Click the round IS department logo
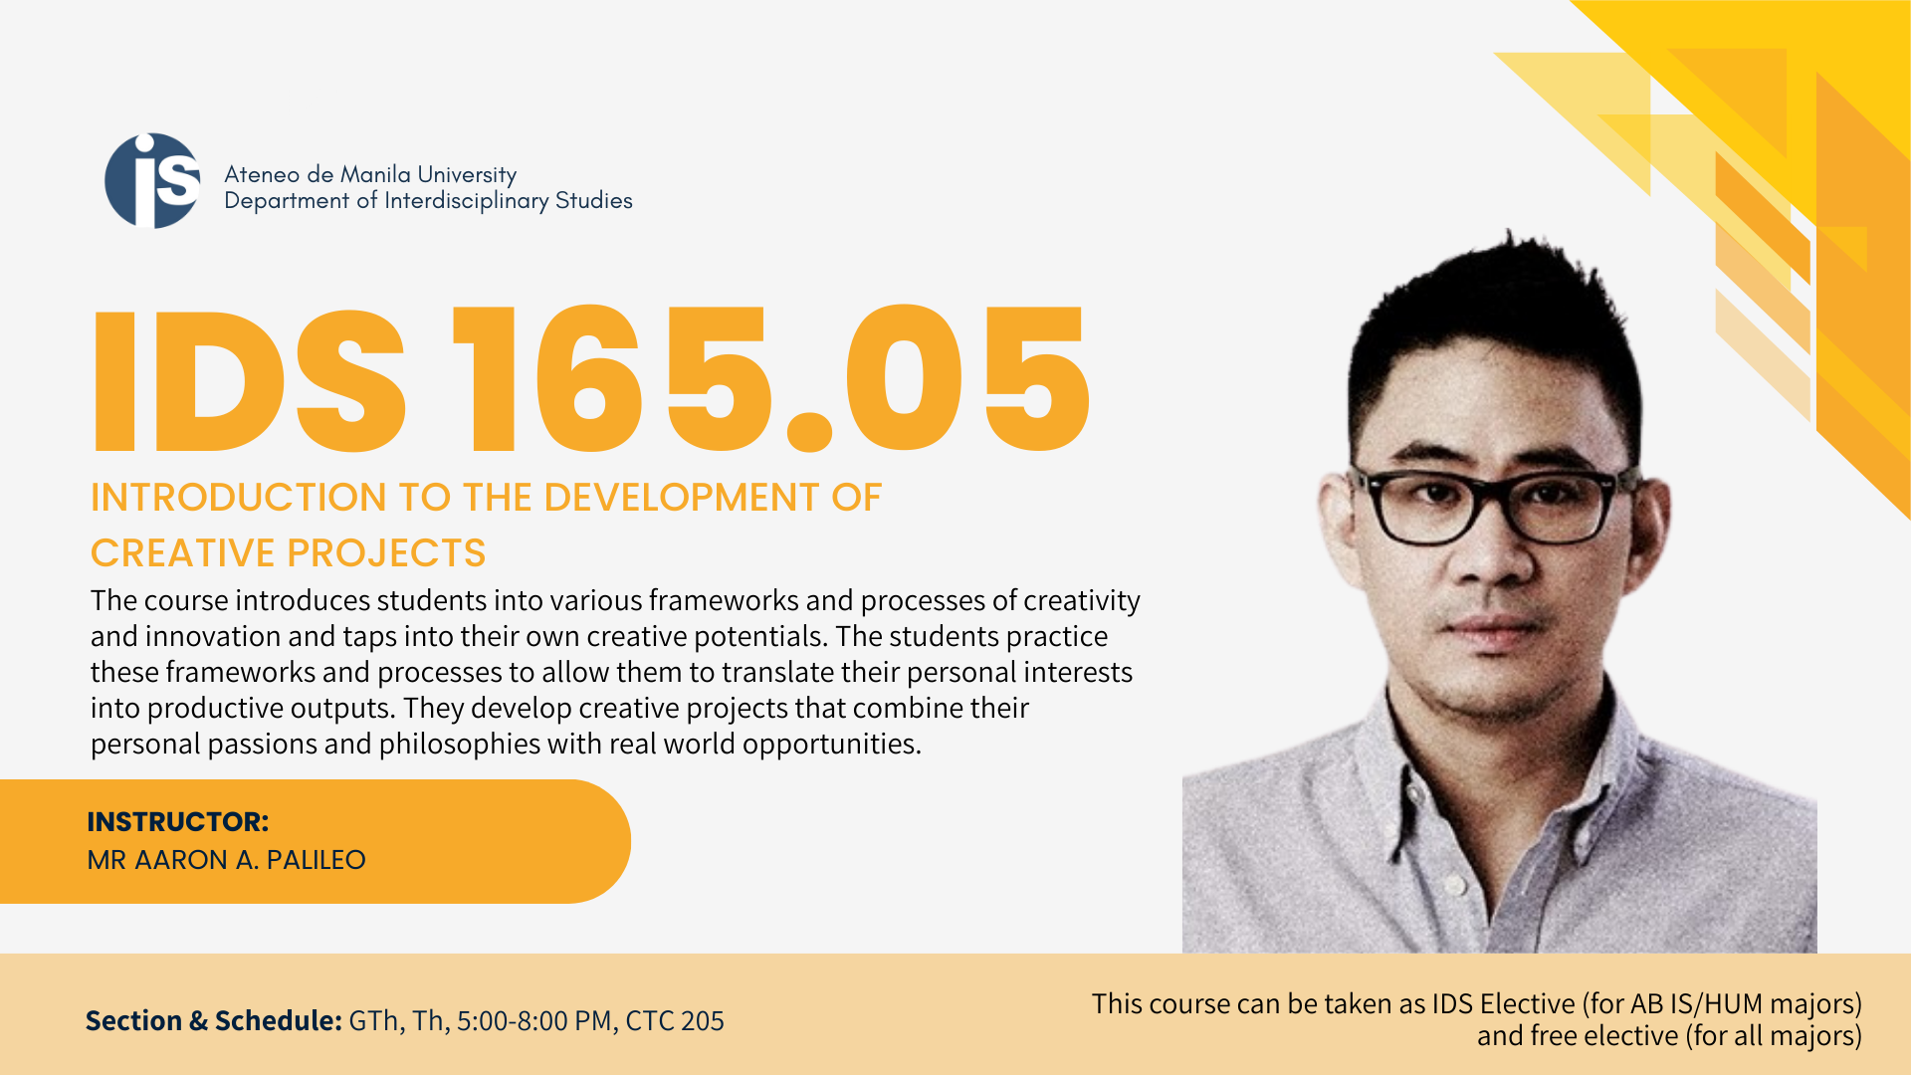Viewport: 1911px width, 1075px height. point(152,180)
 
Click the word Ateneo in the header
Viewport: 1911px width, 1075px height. point(262,174)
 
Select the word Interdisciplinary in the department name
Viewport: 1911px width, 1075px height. point(467,201)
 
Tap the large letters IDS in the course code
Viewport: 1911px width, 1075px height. point(249,381)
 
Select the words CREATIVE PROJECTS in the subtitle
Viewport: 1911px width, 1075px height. point(288,553)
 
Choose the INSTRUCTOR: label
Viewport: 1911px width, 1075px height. point(178,822)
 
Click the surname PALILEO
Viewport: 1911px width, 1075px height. point(316,860)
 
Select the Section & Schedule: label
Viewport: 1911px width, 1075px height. point(214,1021)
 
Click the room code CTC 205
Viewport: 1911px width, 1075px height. point(675,1021)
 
